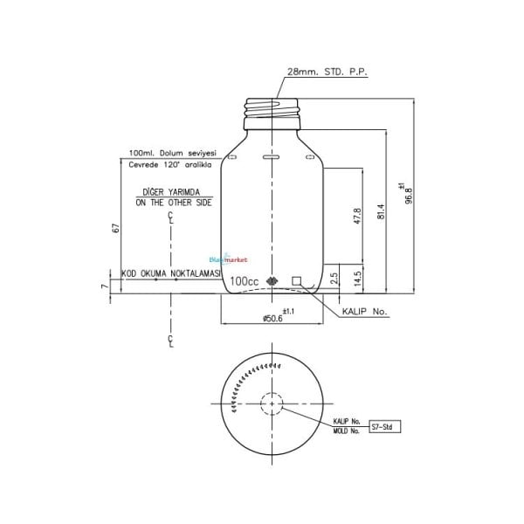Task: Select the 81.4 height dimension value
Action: [x=382, y=212]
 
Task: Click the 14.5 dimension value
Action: [x=357, y=279]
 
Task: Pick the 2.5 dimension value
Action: [x=334, y=279]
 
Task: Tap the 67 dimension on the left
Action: [x=115, y=228]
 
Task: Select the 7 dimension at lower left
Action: [x=104, y=286]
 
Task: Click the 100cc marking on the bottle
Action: [x=244, y=281]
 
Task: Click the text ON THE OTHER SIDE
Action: [x=174, y=202]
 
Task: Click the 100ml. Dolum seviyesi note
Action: [x=172, y=152]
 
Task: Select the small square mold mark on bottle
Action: [x=297, y=280]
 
